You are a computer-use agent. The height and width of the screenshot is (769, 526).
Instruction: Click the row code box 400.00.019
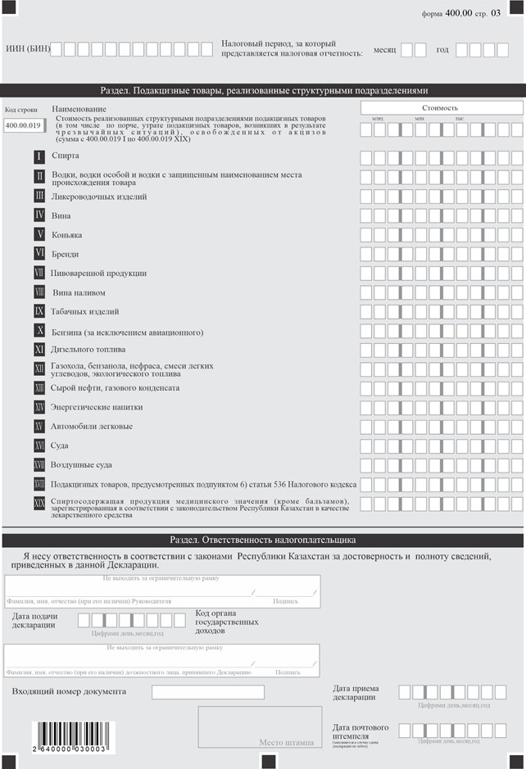[23, 125]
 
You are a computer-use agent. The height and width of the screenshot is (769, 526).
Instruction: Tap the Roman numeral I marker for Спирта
[39, 156]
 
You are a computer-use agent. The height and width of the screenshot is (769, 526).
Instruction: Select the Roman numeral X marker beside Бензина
[39, 331]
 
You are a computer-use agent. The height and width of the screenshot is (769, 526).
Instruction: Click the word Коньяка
[66, 235]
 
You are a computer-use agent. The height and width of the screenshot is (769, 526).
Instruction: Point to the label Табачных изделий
[86, 311]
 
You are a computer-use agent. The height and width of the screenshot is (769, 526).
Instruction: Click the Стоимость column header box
[441, 107]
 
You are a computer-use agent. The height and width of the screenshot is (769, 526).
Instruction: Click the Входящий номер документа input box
[208, 692]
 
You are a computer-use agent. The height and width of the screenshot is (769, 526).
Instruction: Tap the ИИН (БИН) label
[28, 49]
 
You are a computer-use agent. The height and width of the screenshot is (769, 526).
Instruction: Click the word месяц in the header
[384, 49]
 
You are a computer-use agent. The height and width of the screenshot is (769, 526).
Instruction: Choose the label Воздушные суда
[82, 464]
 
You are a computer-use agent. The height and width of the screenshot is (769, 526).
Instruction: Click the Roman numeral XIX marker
[39, 503]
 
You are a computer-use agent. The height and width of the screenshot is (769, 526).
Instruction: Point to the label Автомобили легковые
[92, 426]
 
